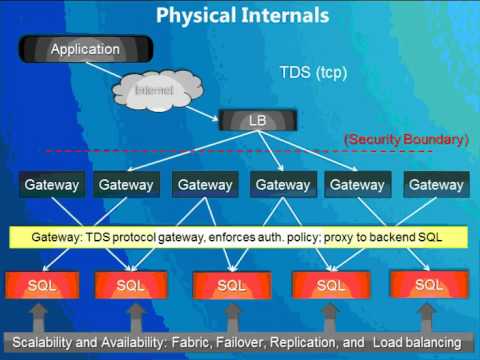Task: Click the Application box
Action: click(x=84, y=49)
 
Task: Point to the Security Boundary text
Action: click(x=405, y=139)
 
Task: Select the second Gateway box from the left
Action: click(x=126, y=184)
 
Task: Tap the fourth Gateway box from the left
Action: click(x=282, y=184)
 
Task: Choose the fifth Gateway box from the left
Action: click(x=358, y=184)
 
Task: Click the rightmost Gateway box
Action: click(x=436, y=184)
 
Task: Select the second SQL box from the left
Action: click(x=131, y=285)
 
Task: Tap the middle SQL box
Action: click(x=233, y=285)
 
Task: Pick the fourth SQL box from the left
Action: click(x=330, y=285)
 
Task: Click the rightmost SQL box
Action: click(x=428, y=284)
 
